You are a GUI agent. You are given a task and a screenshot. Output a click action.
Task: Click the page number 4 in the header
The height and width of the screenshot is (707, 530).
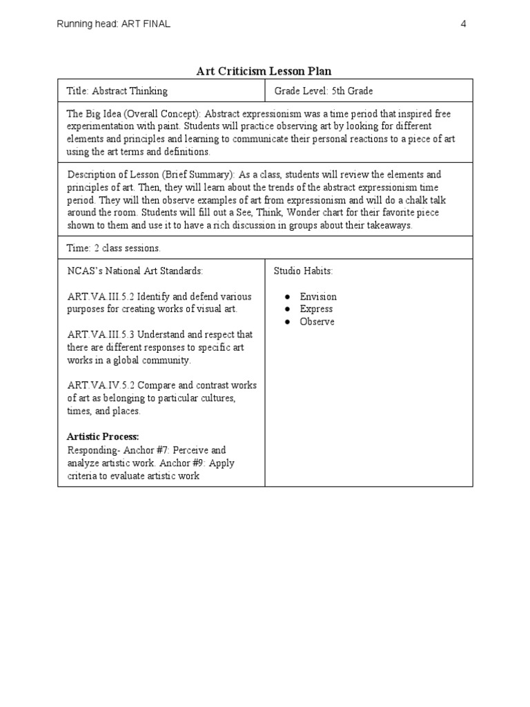[464, 24]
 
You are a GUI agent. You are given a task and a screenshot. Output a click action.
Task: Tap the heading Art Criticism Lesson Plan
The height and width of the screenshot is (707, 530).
[264, 71]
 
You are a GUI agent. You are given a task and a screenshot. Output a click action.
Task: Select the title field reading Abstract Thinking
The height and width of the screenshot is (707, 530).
[117, 90]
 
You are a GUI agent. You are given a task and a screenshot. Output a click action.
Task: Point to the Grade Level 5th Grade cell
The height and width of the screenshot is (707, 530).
[324, 90]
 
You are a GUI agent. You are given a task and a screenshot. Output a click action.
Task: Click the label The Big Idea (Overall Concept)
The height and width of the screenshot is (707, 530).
[133, 113]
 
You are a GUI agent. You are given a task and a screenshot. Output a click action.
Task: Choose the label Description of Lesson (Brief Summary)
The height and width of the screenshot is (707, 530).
[150, 175]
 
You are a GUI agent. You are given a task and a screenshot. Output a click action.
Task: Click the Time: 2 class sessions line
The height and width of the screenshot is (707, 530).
[114, 247]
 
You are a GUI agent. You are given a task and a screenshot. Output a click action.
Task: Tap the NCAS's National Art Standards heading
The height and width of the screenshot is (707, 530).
[135, 271]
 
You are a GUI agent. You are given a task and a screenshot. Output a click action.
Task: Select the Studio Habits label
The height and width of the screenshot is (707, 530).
[304, 271]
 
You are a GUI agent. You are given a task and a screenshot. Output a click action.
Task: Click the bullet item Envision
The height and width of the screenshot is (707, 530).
[318, 297]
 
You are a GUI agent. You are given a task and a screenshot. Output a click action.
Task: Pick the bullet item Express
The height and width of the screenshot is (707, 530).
[316, 309]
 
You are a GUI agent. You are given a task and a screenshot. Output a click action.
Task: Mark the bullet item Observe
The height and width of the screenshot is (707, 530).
[317, 322]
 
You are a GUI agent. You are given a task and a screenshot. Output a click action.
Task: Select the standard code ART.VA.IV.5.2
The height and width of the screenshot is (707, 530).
[101, 385]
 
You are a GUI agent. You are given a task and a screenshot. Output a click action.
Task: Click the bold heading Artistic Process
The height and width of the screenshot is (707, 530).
[103, 436]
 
